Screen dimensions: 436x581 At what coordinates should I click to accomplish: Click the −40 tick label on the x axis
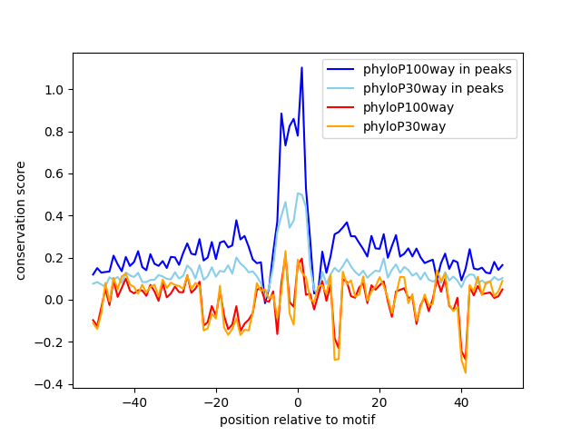click(x=133, y=401)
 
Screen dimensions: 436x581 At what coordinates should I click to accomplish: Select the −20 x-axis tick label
click(x=215, y=401)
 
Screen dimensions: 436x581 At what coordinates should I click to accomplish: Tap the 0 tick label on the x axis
click(x=298, y=401)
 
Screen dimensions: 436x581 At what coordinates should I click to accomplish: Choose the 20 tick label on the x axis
click(x=379, y=401)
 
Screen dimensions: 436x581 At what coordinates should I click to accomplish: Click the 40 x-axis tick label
click(x=461, y=401)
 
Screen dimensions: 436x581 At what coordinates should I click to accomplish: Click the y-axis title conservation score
click(x=21, y=221)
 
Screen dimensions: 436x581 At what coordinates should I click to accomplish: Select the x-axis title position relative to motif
click(x=298, y=420)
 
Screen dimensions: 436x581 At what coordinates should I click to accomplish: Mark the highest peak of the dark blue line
click(x=301, y=67)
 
